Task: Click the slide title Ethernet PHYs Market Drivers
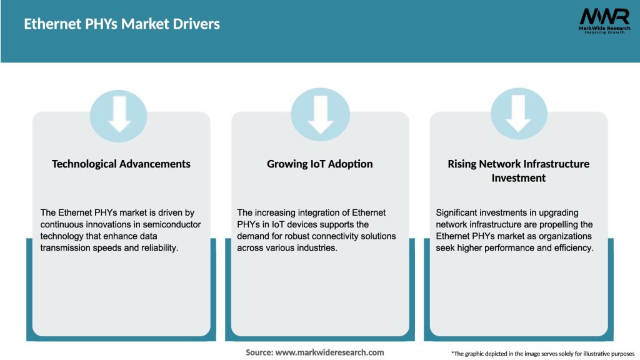tap(122, 24)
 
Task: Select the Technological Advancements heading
tap(121, 164)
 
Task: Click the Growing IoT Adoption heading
tap(320, 164)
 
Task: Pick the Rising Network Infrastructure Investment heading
tap(518, 171)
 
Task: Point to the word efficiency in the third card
tap(571, 247)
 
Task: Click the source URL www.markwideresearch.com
tap(330, 352)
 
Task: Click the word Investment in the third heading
tap(518, 178)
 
